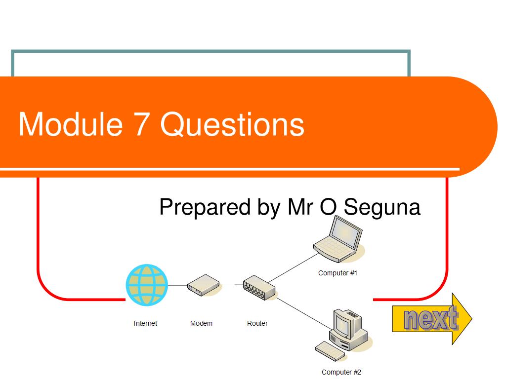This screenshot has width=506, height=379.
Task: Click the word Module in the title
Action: (70, 124)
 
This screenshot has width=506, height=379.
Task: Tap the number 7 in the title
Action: (141, 124)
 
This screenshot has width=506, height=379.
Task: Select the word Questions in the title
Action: (232, 124)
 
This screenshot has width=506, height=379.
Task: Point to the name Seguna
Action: (382, 207)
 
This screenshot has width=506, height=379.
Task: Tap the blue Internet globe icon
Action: (147, 285)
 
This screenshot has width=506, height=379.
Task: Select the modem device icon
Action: (203, 285)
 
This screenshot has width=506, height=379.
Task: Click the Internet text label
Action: (145, 323)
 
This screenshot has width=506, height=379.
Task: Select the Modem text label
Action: (201, 323)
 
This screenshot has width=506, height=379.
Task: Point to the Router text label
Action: (257, 323)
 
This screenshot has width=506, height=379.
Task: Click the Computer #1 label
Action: (337, 273)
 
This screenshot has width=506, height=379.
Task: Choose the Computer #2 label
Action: (341, 372)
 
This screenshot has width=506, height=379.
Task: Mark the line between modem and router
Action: (231, 285)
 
